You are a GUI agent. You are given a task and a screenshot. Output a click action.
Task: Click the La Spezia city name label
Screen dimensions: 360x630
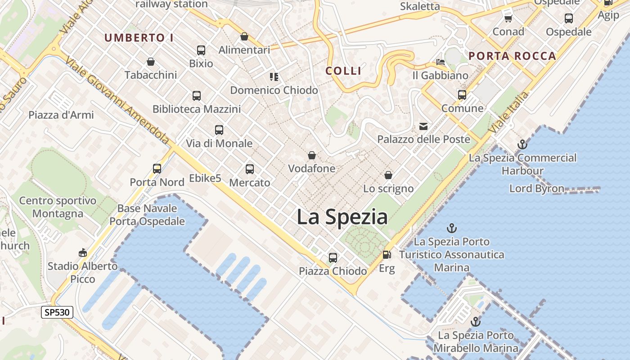(x=342, y=217)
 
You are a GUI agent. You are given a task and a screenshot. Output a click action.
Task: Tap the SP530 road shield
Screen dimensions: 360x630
(x=57, y=312)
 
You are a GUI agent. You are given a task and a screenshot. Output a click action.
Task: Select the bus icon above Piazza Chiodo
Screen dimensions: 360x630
(x=333, y=258)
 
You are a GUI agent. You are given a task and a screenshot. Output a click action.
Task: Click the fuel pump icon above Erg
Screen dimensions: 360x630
(x=387, y=255)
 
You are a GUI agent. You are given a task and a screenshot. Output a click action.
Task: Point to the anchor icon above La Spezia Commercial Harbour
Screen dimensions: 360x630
(x=522, y=144)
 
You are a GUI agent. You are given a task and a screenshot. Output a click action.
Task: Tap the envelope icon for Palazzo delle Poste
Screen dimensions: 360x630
(x=423, y=126)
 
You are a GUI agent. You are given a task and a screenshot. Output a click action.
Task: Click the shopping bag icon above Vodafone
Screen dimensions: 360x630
(x=311, y=156)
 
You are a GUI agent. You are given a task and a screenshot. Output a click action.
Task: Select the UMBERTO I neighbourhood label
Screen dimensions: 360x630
(x=139, y=38)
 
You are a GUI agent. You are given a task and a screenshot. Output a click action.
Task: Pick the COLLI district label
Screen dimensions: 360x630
(x=343, y=71)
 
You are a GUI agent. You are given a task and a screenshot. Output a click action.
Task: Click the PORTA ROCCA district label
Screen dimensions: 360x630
(x=512, y=56)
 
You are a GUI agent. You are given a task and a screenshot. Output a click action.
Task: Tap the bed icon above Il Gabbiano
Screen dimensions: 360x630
(x=440, y=62)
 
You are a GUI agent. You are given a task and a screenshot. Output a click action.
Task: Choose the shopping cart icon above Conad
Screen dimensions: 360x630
(x=508, y=18)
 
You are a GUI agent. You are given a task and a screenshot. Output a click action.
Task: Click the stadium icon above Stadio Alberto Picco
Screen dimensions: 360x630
(x=83, y=252)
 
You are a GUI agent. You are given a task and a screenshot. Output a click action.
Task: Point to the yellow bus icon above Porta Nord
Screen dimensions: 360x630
(x=157, y=169)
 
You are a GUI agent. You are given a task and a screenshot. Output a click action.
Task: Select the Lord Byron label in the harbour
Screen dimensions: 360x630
(x=536, y=188)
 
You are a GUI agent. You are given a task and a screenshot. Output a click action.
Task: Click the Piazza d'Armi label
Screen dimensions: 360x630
(x=61, y=115)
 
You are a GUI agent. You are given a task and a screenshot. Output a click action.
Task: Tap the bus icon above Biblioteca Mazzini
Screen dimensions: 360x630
(x=197, y=95)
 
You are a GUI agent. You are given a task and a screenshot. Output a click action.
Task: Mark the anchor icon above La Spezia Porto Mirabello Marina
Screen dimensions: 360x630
(x=476, y=322)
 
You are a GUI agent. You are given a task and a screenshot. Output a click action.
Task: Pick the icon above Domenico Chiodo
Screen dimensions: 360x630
(x=274, y=77)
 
